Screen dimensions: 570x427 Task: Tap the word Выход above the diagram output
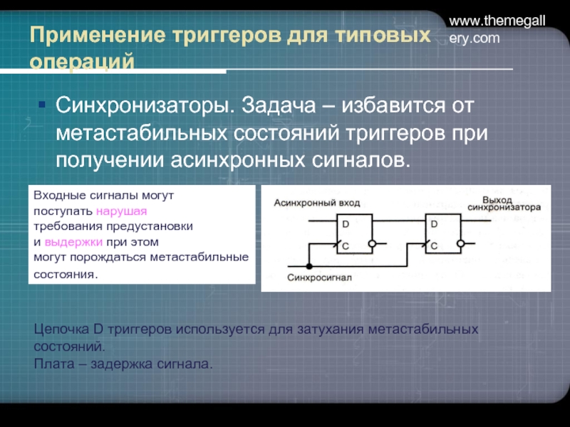tap(497, 199)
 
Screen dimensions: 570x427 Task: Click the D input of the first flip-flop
tap(346, 224)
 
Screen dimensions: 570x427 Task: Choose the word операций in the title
tap(82, 61)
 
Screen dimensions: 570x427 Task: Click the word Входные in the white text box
tap(55, 194)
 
